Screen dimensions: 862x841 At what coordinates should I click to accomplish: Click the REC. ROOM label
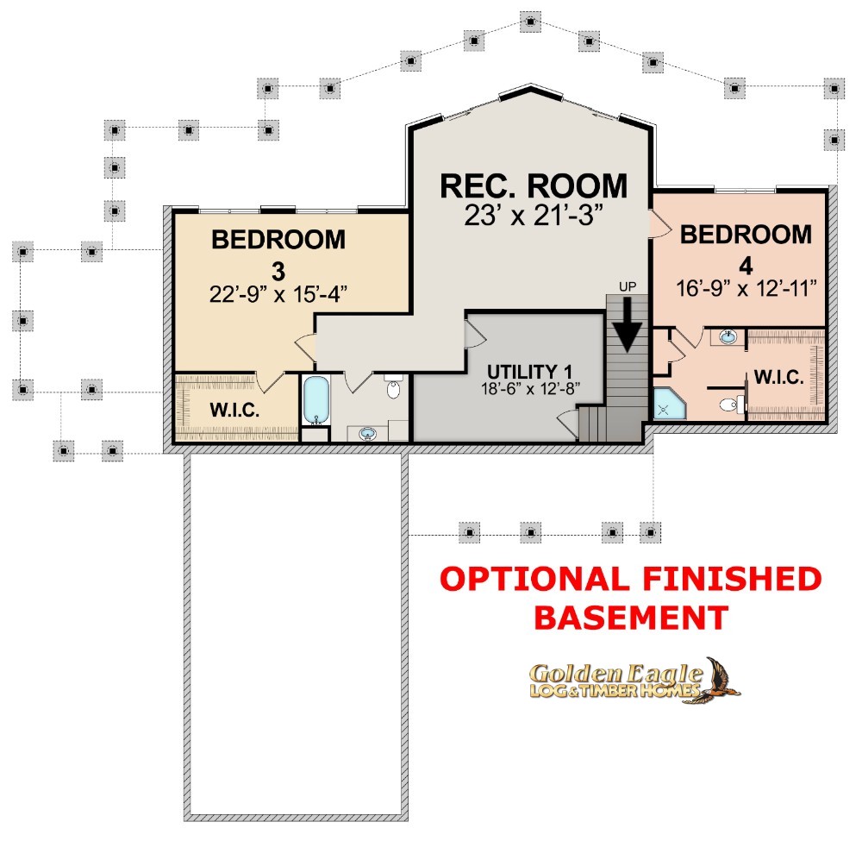[534, 186]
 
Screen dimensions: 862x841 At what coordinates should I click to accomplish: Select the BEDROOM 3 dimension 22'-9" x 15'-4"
[278, 294]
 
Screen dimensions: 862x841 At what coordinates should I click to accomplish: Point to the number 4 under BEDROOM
[746, 267]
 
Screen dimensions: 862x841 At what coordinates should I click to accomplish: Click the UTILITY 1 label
[530, 372]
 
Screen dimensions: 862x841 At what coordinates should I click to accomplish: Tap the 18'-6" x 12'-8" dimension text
[530, 389]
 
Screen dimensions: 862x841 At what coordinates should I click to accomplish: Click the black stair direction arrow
[628, 324]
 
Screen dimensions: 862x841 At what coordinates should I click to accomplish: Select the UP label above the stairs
[628, 286]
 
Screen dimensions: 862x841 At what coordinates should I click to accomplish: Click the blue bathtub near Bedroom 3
[315, 400]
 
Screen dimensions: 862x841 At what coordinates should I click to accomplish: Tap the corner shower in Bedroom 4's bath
[667, 405]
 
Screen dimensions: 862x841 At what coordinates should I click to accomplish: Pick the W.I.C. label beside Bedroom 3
[234, 410]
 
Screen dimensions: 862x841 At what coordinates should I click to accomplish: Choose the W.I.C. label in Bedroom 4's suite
[779, 377]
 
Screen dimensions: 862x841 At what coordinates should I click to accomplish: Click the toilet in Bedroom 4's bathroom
[731, 405]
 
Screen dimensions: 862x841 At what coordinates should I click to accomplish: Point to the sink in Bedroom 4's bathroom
[728, 336]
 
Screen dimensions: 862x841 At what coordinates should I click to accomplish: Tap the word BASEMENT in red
[631, 617]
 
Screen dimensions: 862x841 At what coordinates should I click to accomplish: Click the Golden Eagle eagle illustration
[720, 681]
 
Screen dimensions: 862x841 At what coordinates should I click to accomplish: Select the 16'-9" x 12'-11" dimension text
[746, 288]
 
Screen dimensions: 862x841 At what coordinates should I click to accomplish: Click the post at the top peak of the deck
[530, 22]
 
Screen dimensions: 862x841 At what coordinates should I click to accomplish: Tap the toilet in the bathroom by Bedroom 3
[393, 386]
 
